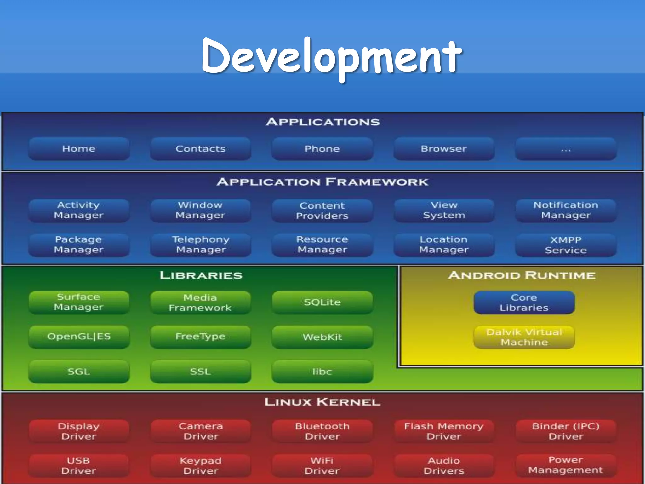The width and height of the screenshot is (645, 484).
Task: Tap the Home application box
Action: [x=79, y=149]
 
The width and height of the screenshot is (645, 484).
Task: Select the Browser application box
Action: [x=444, y=149]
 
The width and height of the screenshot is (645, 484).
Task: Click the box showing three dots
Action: [x=566, y=149]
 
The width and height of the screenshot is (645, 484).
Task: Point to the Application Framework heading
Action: [x=322, y=182]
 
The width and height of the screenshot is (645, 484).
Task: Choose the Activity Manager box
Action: [x=79, y=210]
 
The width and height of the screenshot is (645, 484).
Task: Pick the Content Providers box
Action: [x=322, y=210]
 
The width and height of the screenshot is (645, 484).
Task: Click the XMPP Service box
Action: [x=566, y=245]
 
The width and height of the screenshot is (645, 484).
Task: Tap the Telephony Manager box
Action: [x=201, y=245]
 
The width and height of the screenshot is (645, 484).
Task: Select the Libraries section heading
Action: [x=201, y=275]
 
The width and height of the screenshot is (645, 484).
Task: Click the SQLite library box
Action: [x=322, y=302]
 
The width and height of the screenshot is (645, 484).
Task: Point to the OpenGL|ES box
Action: [x=79, y=337]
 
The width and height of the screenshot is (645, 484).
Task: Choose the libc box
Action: [x=322, y=372]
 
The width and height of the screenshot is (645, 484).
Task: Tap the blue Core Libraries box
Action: [x=524, y=302]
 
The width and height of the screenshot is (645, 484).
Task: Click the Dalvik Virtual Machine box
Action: [x=524, y=337]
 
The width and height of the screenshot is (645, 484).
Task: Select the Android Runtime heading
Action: [x=522, y=275]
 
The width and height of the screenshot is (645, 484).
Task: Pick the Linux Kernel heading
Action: [x=322, y=402]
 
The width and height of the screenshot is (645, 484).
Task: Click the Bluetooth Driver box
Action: [x=322, y=431]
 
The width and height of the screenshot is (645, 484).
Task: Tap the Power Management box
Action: [x=566, y=465]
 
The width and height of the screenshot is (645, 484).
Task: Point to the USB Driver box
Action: [x=79, y=465]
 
